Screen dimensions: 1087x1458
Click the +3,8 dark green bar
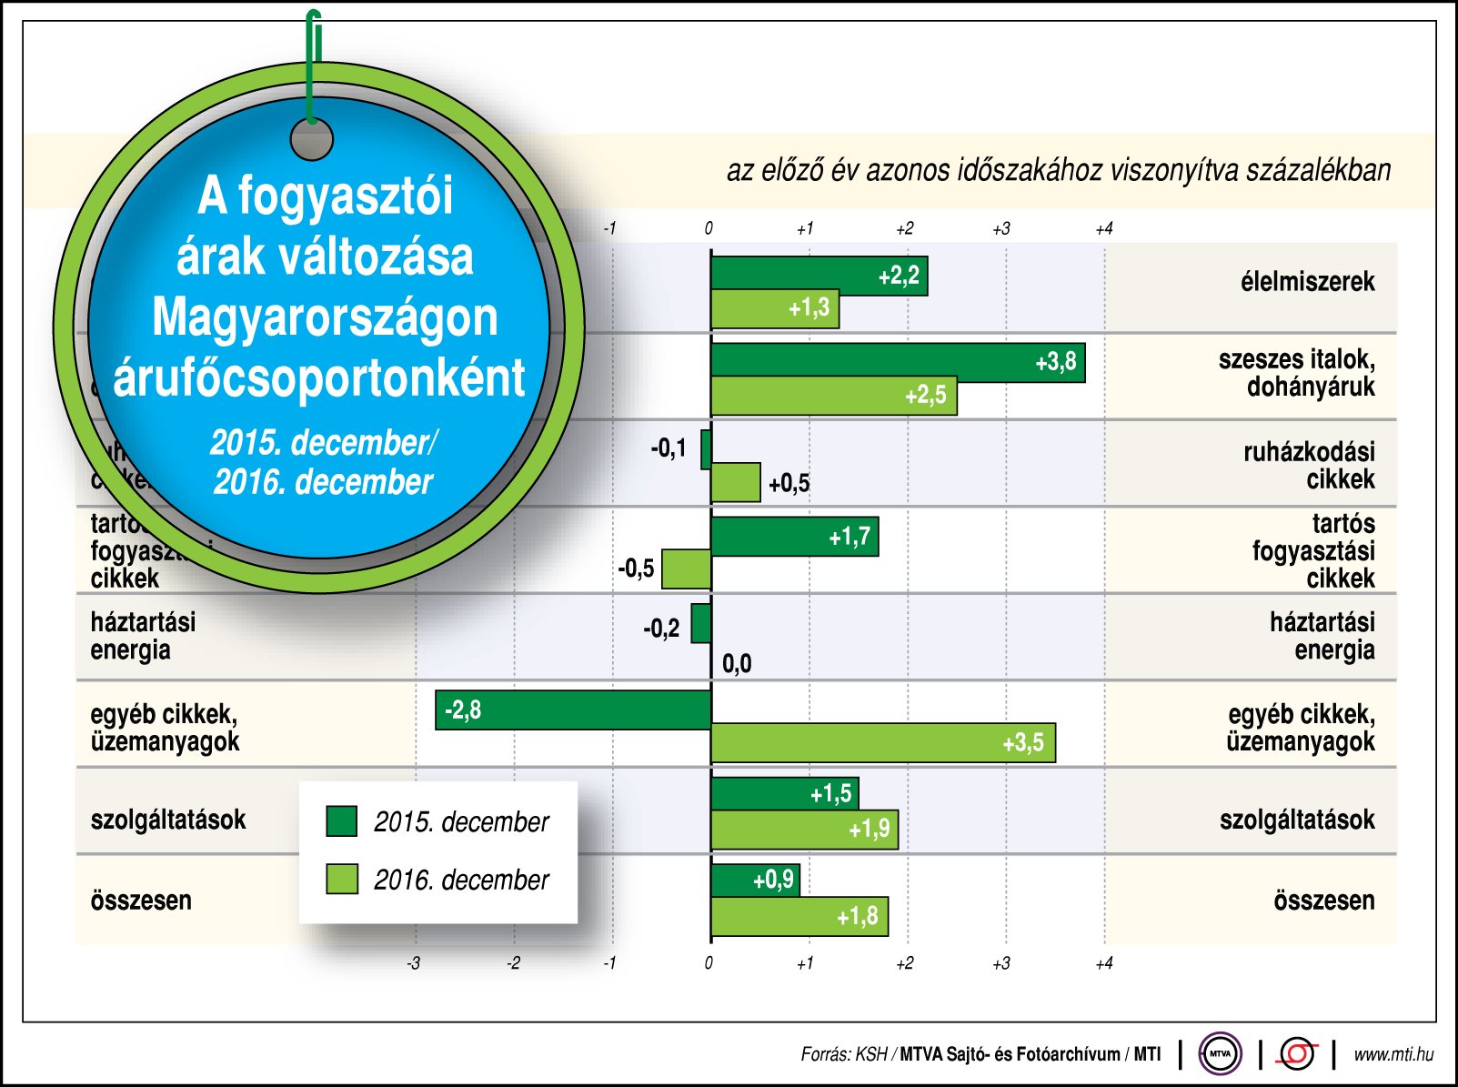pyautogui.click(x=897, y=363)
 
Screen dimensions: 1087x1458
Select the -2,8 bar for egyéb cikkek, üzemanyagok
pyautogui.click(x=573, y=710)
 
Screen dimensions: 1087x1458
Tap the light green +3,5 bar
pyautogui.click(x=882, y=743)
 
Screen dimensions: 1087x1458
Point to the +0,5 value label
pyautogui.click(x=789, y=483)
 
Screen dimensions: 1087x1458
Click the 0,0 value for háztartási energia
pyautogui.click(x=737, y=664)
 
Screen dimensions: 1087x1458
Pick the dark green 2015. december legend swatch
pyautogui.click(x=342, y=820)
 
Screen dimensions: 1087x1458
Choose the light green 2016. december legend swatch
pyautogui.click(x=342, y=879)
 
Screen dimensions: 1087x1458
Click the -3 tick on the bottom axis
pyautogui.click(x=414, y=963)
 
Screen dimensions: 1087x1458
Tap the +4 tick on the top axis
pyautogui.click(x=1103, y=229)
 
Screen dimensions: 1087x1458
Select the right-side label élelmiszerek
pyautogui.click(x=1307, y=282)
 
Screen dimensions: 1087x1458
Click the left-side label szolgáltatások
pyautogui.click(x=168, y=820)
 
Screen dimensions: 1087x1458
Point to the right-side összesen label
pyautogui.click(x=1323, y=901)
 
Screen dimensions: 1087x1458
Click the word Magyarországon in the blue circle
pyautogui.click(x=325, y=317)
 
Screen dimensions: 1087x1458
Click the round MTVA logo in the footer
pyautogui.click(x=1220, y=1054)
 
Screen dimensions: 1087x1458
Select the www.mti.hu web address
pyautogui.click(x=1393, y=1054)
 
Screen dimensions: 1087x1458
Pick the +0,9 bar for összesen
pyautogui.click(x=755, y=880)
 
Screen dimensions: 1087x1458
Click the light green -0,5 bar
pyautogui.click(x=686, y=569)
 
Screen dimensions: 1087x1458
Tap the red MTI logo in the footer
pyautogui.click(x=1297, y=1054)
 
